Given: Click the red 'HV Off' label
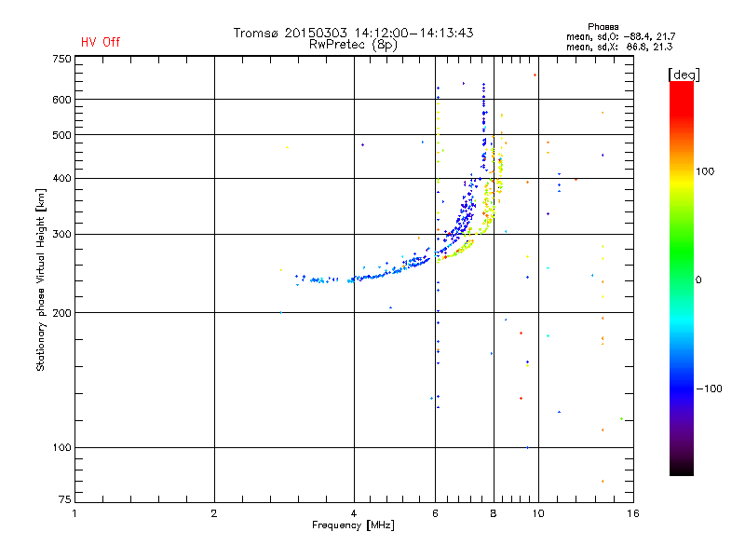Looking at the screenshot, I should (101, 42).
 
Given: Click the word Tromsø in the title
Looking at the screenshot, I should (258, 33).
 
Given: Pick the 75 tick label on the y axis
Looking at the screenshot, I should (62, 503).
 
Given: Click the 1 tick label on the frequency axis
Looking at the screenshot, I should (74, 513).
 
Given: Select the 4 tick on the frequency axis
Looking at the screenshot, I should (354, 513).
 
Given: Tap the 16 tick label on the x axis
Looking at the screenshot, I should (632, 513).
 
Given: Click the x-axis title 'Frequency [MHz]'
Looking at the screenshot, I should (353, 526).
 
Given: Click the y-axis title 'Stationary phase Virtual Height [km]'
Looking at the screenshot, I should (41, 279).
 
